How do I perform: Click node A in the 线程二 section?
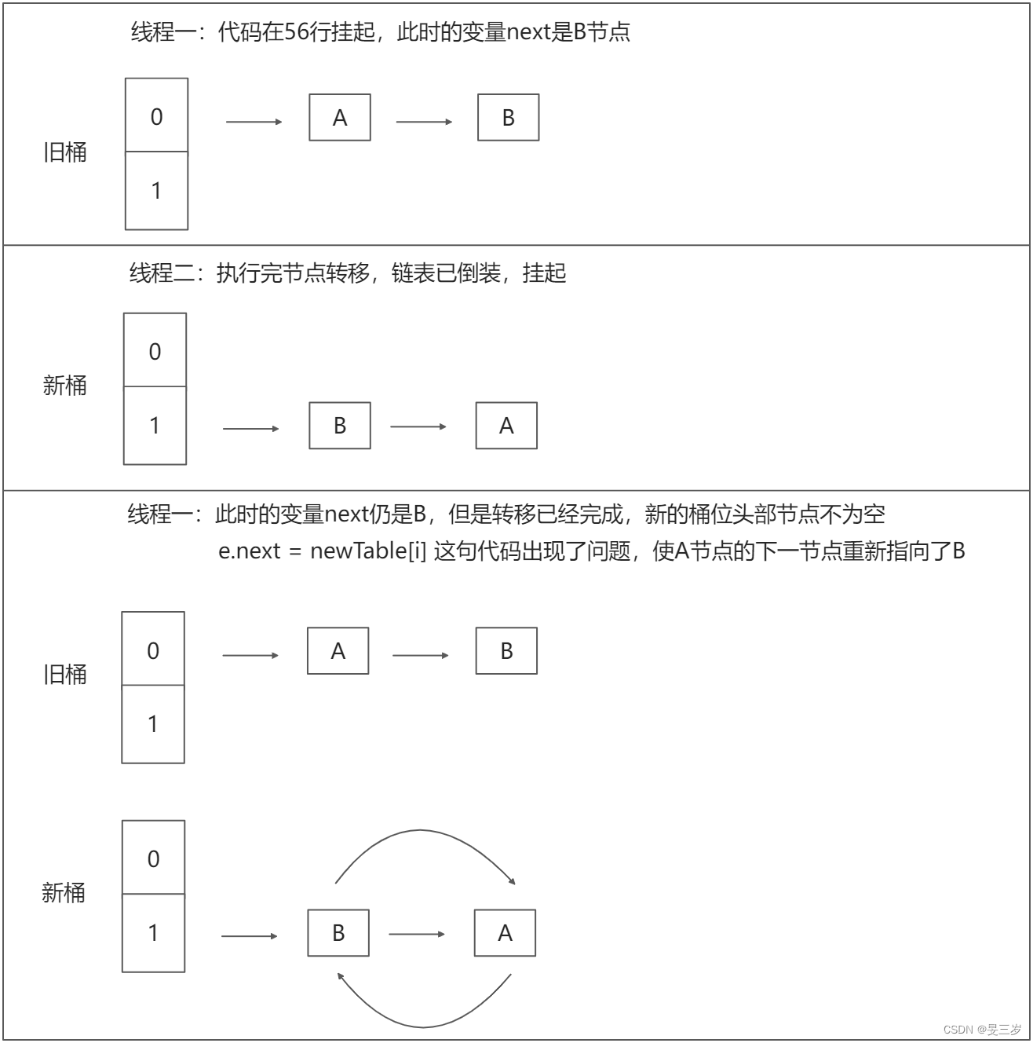(506, 426)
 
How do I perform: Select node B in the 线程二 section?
(340, 426)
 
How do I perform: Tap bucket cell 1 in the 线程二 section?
(155, 425)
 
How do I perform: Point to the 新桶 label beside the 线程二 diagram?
(64, 386)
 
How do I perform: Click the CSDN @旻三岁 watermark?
(982, 1029)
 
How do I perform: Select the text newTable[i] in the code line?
(368, 551)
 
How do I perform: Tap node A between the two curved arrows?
(505, 933)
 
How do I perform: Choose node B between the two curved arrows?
(338, 933)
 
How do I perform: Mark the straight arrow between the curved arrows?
(417, 934)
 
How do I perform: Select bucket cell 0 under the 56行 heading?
(157, 116)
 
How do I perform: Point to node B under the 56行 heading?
(509, 118)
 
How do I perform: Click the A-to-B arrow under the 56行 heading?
(424, 122)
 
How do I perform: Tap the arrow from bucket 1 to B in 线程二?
(251, 429)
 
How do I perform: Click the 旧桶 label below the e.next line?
(64, 675)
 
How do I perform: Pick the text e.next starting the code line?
(249, 551)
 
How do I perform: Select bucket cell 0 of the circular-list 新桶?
(153, 858)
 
